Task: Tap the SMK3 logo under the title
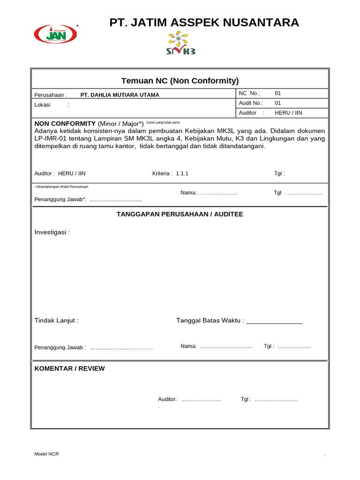click(180, 43)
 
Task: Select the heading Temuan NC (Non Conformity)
click(180, 81)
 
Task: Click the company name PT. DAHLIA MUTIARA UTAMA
click(120, 95)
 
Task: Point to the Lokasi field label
click(43, 105)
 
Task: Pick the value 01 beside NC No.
click(278, 93)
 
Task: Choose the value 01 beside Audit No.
click(278, 103)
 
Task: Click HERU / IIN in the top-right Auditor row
click(288, 113)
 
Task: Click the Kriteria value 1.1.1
click(182, 173)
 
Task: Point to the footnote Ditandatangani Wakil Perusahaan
click(61, 187)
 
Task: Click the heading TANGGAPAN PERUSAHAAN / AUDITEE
click(180, 214)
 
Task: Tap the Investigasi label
click(52, 232)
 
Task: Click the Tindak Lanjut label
click(56, 321)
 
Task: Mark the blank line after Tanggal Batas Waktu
click(274, 322)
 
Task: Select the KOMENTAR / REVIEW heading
click(69, 368)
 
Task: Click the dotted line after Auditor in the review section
click(201, 400)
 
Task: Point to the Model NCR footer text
click(47, 454)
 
